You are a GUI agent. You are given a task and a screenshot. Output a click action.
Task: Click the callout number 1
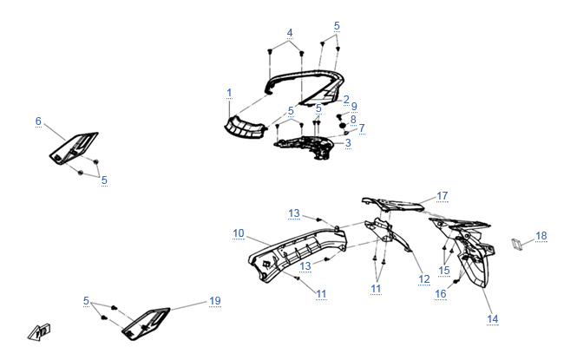click(229, 91)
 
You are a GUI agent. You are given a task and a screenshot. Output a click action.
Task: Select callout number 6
click(38, 121)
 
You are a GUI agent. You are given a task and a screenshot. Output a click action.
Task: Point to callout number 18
click(541, 235)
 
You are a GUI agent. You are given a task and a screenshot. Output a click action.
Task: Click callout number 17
click(442, 195)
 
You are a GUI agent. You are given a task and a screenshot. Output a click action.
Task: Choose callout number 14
click(493, 319)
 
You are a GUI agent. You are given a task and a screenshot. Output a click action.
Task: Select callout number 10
click(239, 232)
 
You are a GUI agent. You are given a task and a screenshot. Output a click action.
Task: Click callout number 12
click(424, 278)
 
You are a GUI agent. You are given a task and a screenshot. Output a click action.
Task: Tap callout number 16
click(441, 294)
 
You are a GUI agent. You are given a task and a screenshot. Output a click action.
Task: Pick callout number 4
click(290, 33)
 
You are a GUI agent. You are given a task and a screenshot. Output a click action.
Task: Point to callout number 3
click(348, 142)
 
